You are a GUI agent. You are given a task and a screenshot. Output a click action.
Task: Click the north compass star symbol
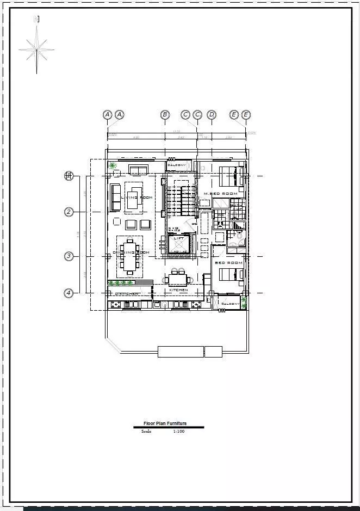pos(37,49)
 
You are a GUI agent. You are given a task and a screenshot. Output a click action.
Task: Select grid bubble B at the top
pos(165,114)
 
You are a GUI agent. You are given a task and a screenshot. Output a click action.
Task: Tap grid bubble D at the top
pos(212,114)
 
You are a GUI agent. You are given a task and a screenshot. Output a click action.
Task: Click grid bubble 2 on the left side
pos(69,212)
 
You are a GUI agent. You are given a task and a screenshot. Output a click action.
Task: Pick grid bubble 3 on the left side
pos(69,256)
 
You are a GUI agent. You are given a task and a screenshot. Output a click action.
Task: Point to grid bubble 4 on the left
pos(69,293)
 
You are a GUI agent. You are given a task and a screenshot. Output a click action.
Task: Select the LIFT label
pos(179,238)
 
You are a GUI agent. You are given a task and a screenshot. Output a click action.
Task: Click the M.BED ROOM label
pos(220,194)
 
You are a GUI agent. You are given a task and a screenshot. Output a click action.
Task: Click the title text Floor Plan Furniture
pos(165,423)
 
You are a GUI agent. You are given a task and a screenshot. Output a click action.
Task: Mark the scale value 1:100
pos(179,432)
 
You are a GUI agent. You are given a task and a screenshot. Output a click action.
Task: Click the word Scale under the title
pos(146,432)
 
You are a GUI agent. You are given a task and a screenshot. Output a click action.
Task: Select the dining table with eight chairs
pos(130,256)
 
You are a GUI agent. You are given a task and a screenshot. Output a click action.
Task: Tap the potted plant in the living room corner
pos(113,165)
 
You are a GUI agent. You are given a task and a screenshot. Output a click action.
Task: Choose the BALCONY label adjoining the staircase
pos(177,165)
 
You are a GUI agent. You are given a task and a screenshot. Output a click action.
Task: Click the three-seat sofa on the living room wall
pos(116,197)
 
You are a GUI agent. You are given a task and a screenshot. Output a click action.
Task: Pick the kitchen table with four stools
pos(178,279)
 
